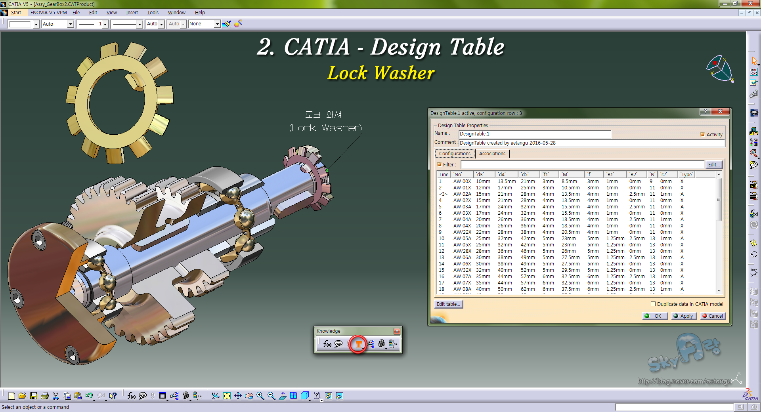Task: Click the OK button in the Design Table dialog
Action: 654,316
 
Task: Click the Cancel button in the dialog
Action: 712,316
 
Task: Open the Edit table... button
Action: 448,304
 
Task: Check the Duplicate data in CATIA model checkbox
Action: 653,304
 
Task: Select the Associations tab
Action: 492,153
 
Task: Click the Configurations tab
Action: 455,153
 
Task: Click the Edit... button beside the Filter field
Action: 713,164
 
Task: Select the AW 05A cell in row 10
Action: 462,238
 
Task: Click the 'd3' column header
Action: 480,174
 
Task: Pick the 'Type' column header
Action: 686,174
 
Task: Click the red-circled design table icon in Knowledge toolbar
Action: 358,344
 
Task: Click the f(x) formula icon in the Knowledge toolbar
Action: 327,344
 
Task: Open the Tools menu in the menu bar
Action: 153,13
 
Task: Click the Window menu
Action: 176,13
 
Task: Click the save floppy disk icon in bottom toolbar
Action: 34,396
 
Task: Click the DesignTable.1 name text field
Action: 534,134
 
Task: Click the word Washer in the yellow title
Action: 404,73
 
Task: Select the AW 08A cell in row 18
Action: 462,289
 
